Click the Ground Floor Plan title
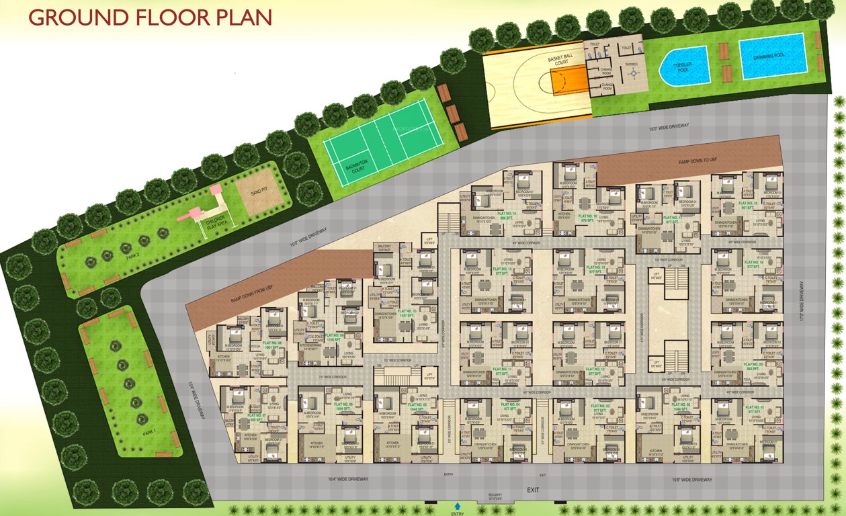[x=150, y=17]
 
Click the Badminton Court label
[x=352, y=172]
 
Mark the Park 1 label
[x=149, y=433]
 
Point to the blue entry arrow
[x=458, y=506]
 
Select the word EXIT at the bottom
[x=534, y=490]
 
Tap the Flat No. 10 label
[x=407, y=312]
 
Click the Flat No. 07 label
[x=257, y=417]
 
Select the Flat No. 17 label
[x=673, y=218]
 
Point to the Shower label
[x=632, y=64]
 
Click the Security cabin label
[x=496, y=495]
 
